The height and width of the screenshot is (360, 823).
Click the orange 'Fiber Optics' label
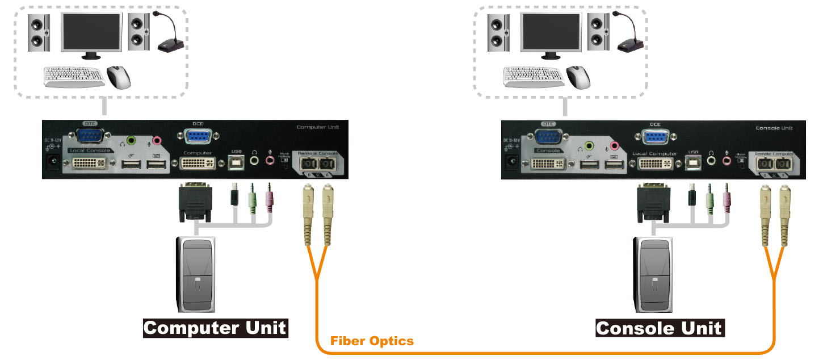point(372,341)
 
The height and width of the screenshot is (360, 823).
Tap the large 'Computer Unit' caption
point(215,328)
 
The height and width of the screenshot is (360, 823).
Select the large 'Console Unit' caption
point(659,328)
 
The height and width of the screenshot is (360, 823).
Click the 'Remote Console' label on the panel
point(317,153)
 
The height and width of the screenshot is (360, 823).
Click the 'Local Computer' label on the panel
point(654,153)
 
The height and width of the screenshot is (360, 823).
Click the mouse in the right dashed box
point(578,77)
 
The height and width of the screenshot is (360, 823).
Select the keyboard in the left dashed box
point(74,77)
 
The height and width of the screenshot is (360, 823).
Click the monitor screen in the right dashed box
point(550,31)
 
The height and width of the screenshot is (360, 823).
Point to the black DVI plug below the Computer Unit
point(195,202)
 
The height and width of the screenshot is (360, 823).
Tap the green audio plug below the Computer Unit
point(253,199)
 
